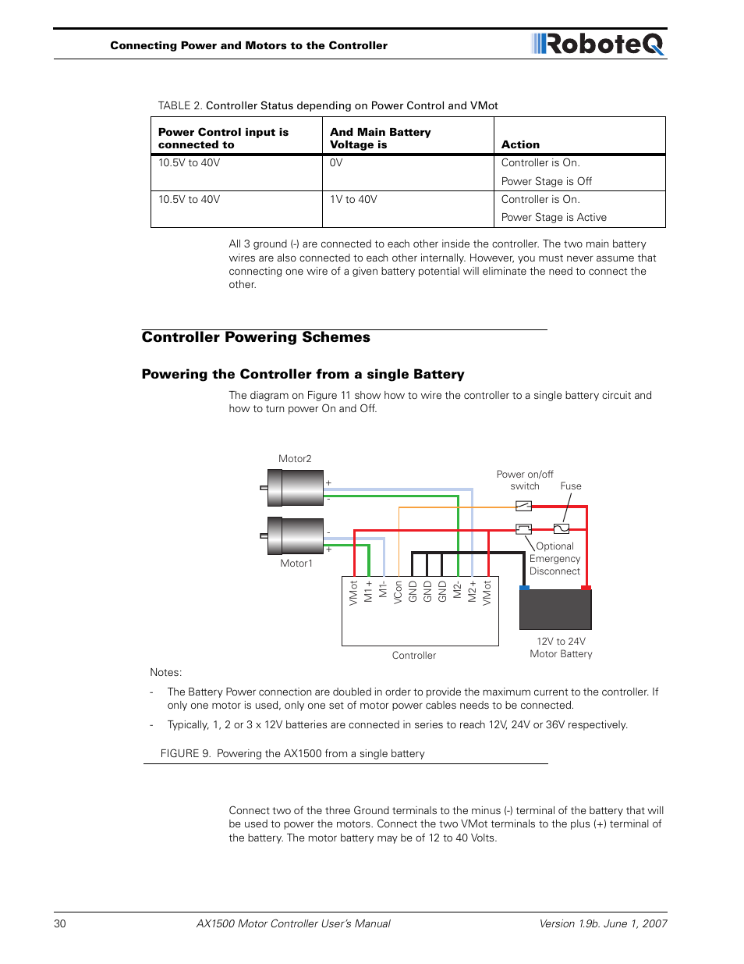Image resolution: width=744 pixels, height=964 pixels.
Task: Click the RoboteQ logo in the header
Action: (x=598, y=44)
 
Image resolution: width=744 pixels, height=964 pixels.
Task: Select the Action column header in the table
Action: (x=520, y=144)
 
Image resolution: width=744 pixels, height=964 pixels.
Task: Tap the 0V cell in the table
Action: (x=336, y=163)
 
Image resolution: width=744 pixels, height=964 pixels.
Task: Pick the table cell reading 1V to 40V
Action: (x=353, y=200)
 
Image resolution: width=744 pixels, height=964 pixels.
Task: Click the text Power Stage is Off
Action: (x=546, y=181)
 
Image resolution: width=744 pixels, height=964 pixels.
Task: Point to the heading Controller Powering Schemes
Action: (x=256, y=337)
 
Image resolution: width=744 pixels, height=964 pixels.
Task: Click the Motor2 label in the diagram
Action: (x=295, y=459)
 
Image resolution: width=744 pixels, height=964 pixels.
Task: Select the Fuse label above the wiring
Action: (x=571, y=486)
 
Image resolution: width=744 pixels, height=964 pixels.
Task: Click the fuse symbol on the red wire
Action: (x=561, y=528)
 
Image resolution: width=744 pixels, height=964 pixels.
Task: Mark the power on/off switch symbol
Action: (x=523, y=506)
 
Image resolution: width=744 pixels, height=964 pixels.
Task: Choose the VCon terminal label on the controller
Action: (x=398, y=592)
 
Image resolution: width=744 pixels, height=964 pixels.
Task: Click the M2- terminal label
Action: (x=458, y=590)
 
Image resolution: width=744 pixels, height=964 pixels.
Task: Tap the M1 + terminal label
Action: (x=368, y=591)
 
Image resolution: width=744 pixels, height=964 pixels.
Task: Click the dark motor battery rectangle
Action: (x=555, y=610)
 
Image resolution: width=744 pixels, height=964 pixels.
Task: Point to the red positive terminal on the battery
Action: (x=586, y=587)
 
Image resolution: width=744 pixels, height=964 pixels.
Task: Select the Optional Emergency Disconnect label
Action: (x=554, y=559)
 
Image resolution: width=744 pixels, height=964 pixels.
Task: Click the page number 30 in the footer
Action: (x=60, y=923)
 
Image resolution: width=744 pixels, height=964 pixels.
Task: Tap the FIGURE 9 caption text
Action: (x=292, y=753)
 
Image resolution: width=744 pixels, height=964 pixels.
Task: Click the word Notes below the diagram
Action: (x=165, y=672)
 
